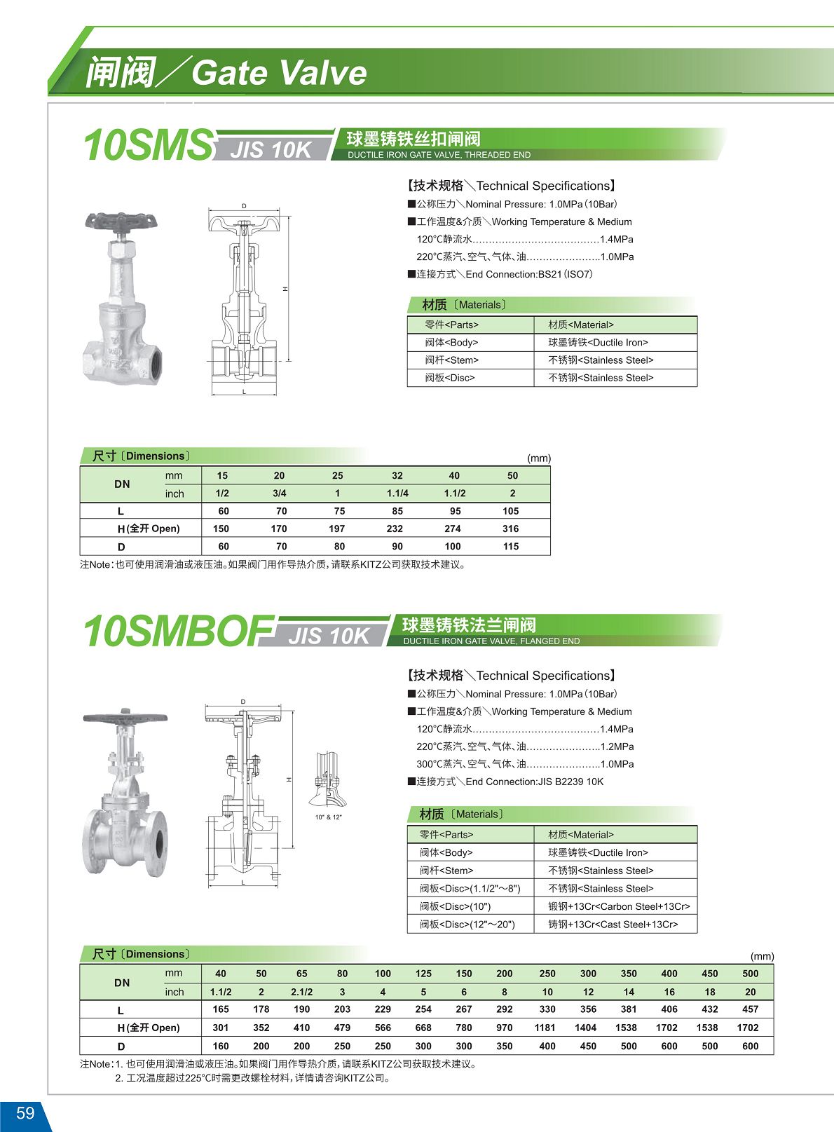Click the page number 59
(x=25, y=1112)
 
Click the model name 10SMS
(x=148, y=145)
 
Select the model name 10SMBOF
(x=179, y=631)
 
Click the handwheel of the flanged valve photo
(x=125, y=718)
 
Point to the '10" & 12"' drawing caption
(x=329, y=817)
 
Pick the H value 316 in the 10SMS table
(x=511, y=529)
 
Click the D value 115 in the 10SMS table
(x=511, y=546)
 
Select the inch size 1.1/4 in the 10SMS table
(x=397, y=493)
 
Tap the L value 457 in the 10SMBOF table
(x=750, y=1009)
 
